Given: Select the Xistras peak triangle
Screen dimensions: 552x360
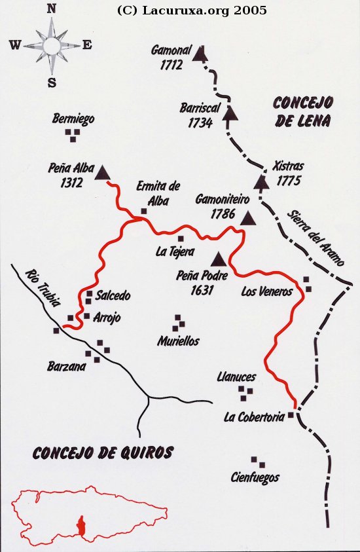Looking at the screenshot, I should click(262, 181).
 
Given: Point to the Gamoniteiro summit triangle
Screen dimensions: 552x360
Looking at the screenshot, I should click(248, 219).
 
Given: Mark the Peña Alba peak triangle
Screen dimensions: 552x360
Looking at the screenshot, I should click(102, 172).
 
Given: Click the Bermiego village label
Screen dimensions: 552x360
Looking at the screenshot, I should click(73, 119).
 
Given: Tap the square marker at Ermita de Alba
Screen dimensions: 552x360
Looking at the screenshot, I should click(144, 212).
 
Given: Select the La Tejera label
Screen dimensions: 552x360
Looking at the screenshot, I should click(175, 251).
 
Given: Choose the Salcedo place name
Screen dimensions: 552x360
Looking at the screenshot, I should click(113, 296).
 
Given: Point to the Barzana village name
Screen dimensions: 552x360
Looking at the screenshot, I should click(66, 367).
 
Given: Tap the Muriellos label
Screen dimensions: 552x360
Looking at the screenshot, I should click(178, 341).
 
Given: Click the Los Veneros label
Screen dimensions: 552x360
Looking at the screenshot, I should click(266, 291).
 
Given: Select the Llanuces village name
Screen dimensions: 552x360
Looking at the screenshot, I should click(236, 377).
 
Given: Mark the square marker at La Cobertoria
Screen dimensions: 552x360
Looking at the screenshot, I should click(291, 414).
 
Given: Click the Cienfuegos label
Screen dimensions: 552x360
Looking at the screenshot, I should click(255, 477).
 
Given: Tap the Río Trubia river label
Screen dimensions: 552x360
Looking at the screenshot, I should click(42, 289).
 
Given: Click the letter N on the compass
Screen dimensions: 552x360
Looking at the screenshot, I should click(52, 9).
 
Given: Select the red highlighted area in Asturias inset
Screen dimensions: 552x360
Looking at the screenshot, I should click(81, 524).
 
